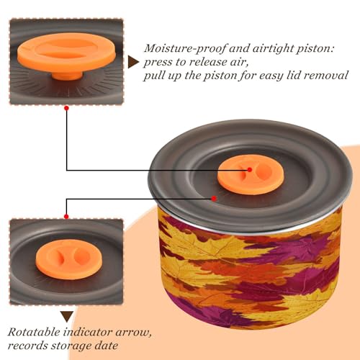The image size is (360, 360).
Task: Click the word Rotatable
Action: (34, 332)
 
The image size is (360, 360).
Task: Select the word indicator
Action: (88, 332)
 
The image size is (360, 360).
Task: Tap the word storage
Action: (71, 346)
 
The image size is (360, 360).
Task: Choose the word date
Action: (107, 346)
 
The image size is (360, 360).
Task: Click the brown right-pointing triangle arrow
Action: (133, 62)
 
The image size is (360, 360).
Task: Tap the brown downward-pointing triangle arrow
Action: (67, 317)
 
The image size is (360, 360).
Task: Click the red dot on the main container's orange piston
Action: (250, 170)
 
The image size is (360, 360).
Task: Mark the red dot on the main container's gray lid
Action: (214, 199)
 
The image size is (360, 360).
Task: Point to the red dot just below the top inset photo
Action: (67, 108)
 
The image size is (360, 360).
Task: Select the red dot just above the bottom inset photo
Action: (66, 217)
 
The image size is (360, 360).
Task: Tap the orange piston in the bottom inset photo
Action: (69, 259)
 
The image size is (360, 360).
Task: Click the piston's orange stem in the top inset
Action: (67, 75)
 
